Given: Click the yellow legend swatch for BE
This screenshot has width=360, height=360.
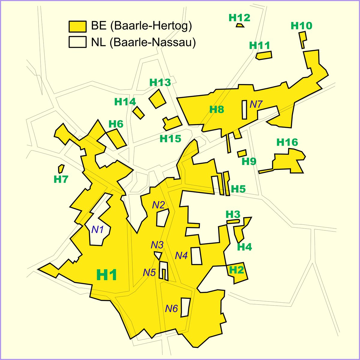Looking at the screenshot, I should (x=77, y=26).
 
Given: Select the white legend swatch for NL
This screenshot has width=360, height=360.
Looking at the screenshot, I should (x=77, y=42).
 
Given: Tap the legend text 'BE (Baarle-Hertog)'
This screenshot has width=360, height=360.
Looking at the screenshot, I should (x=141, y=26).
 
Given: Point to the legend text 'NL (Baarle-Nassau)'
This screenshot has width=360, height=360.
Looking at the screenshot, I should (x=143, y=42).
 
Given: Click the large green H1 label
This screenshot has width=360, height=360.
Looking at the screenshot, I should (x=106, y=275).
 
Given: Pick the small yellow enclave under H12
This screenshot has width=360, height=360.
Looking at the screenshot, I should (x=240, y=25).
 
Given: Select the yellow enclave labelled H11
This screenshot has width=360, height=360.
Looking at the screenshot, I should (x=264, y=55).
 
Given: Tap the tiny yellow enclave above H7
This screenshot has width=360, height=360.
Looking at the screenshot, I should (x=61, y=168).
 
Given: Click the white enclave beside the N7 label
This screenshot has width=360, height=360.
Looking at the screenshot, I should (x=244, y=109).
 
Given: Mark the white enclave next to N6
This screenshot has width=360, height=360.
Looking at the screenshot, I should (x=185, y=307).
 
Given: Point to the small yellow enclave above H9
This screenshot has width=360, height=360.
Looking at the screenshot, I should (x=242, y=153).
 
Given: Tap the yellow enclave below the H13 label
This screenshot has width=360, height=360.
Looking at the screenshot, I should (x=157, y=99).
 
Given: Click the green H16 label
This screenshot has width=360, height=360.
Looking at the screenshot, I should (x=287, y=142).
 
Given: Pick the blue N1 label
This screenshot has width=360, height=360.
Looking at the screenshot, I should (x=97, y=230).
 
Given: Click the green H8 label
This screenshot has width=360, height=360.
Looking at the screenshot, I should (x=217, y=109).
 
